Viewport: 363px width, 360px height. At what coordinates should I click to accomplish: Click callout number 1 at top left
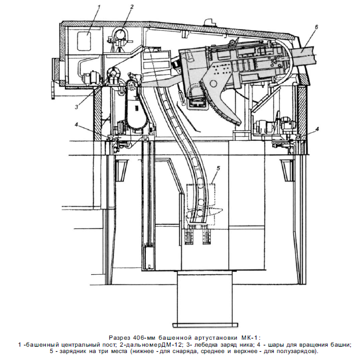point(99,7)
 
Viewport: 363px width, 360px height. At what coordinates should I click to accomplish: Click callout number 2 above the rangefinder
point(132,7)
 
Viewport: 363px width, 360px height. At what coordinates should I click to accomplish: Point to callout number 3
point(76,107)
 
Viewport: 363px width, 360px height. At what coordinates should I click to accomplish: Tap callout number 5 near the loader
point(218,168)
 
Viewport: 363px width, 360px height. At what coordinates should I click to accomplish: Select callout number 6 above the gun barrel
point(317,27)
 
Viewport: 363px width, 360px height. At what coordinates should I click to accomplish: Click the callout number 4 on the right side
point(317,129)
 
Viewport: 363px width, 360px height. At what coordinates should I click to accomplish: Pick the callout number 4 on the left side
point(76,125)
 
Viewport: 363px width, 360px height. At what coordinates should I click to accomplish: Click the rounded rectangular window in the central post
point(84,41)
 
